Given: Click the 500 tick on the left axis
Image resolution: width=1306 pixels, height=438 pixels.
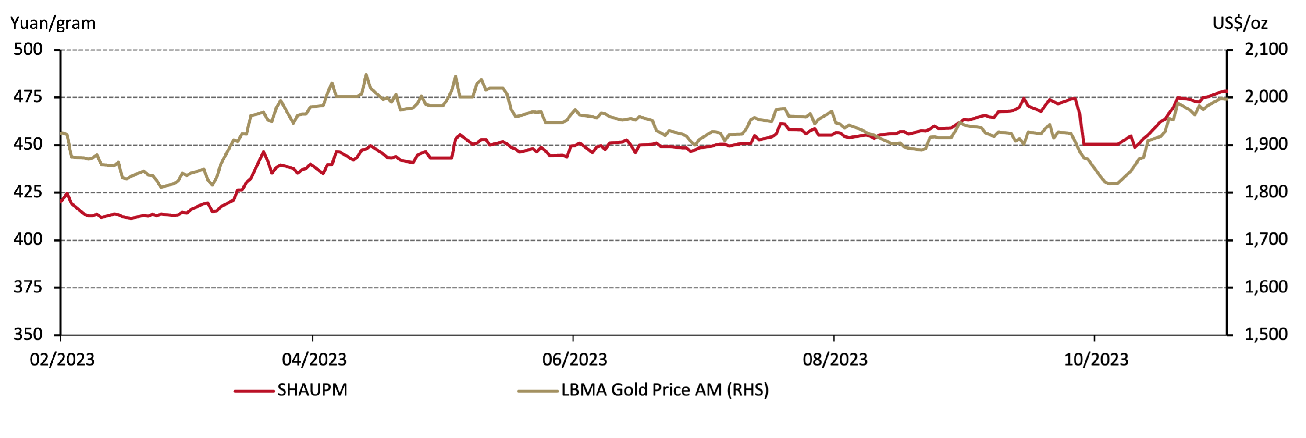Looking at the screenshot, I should pos(28,49).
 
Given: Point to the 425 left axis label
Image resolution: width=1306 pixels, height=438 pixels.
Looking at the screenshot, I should pos(28,192).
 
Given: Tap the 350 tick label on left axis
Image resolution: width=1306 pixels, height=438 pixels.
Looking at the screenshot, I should pos(28,334).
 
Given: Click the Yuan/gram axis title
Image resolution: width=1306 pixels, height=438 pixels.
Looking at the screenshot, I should pos(53,23).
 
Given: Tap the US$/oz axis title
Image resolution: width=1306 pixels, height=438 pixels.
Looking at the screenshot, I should pos(1240,23).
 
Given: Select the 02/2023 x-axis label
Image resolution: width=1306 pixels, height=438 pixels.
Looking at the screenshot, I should pos(62,360).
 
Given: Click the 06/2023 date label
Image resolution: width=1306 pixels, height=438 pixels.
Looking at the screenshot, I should pos(574,360).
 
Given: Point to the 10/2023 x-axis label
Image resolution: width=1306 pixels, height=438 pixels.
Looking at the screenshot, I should pos(1096,360).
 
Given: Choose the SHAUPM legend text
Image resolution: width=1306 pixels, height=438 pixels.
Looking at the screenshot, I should pos(312,390).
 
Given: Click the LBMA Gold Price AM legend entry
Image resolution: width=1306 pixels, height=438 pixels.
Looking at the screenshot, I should pos(665,390).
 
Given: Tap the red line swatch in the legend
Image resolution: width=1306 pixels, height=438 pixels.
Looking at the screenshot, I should pos(253,391).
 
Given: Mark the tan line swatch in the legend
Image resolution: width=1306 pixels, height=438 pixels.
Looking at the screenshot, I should pos(537,391).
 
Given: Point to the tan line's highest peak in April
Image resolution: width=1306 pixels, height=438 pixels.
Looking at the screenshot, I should pos(366,75).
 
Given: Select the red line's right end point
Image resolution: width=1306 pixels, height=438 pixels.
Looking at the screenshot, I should pos(1226,91).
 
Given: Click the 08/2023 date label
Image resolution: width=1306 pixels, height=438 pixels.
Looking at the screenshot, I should pos(835,360).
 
